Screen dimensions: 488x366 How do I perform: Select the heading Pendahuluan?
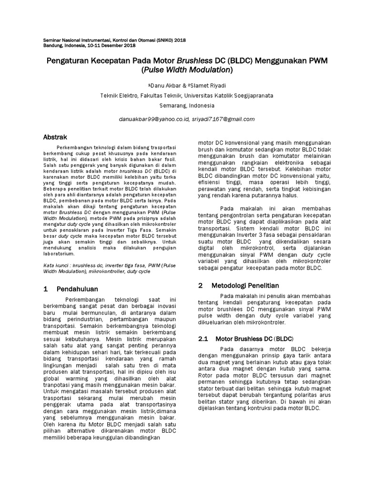(77, 289)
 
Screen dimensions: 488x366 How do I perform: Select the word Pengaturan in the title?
(71, 61)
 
